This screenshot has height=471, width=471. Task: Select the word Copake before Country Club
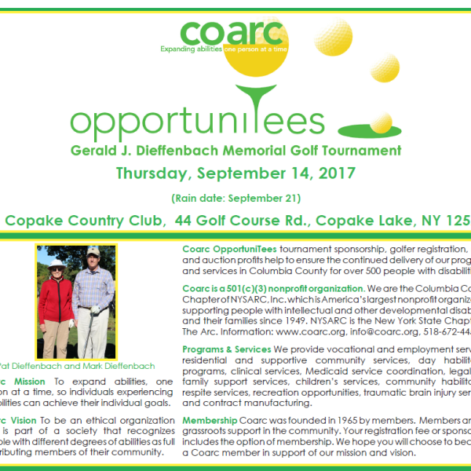coord(31,221)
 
